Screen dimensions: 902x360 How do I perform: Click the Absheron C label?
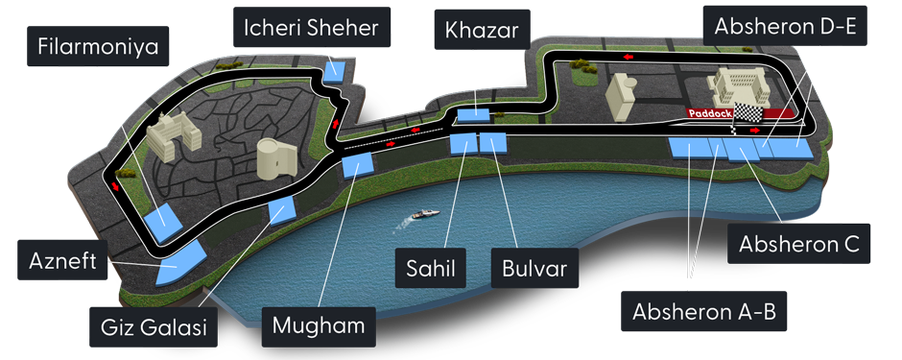[796, 244]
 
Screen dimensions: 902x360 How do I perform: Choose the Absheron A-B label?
[703, 311]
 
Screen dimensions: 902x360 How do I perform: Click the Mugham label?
[319, 324]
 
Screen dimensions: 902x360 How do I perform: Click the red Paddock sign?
[708, 112]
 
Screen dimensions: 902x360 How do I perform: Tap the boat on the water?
[423, 216]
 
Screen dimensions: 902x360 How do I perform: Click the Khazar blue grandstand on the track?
[473, 115]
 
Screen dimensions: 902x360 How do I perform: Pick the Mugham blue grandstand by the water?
[356, 166]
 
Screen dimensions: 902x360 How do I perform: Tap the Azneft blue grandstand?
[181, 263]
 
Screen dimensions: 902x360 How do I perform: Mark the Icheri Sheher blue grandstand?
[336, 70]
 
